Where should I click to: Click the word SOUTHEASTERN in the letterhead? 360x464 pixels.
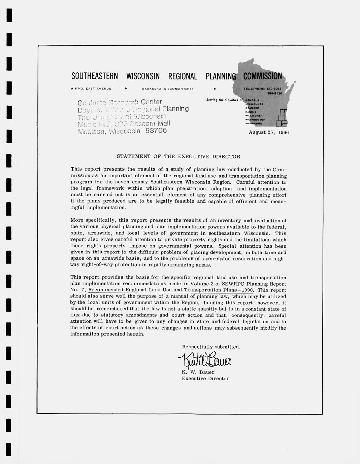(95, 76)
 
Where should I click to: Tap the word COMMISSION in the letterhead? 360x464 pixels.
(262, 76)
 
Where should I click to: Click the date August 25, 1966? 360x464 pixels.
(268, 133)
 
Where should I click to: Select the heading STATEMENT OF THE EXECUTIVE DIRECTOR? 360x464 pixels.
(178, 156)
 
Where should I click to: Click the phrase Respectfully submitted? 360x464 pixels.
(211, 347)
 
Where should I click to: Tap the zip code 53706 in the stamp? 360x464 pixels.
(156, 131)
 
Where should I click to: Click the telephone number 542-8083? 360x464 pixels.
(274, 88)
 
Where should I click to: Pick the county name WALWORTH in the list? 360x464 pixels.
(254, 116)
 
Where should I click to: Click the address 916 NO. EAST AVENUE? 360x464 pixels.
(91, 88)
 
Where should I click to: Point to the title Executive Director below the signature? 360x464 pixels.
(205, 379)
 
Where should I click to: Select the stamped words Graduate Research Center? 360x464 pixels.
(120, 102)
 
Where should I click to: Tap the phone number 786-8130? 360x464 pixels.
(274, 93)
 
